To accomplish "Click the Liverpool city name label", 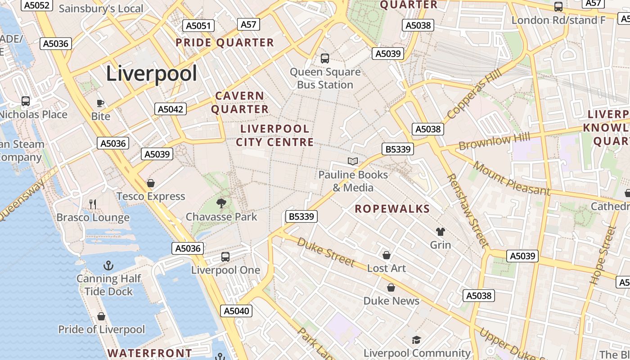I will pos(152,73).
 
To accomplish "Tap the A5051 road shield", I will pos(198,26).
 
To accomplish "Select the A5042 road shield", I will pos(171,109).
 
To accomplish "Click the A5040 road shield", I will pos(236,311).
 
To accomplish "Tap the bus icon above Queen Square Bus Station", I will pos(325,58).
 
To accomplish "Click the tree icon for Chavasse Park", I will pos(221,203).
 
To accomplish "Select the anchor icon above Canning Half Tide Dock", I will pos(108,265).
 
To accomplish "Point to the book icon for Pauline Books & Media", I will pos(353,161).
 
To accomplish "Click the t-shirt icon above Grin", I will pos(440,232).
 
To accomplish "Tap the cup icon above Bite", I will pos(100,103).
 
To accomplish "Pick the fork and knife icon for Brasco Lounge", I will pos(93,204).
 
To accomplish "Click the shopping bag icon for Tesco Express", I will pos(151,183).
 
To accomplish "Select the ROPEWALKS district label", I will pos(392,209).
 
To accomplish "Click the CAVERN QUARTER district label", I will pos(240,103).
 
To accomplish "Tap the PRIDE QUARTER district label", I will pos(225,43).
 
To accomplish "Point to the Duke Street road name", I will pos(326,252).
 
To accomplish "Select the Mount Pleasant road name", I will pos(511,179).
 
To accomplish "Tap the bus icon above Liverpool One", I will pos(225,257).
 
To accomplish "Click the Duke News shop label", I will pos(391,301).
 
